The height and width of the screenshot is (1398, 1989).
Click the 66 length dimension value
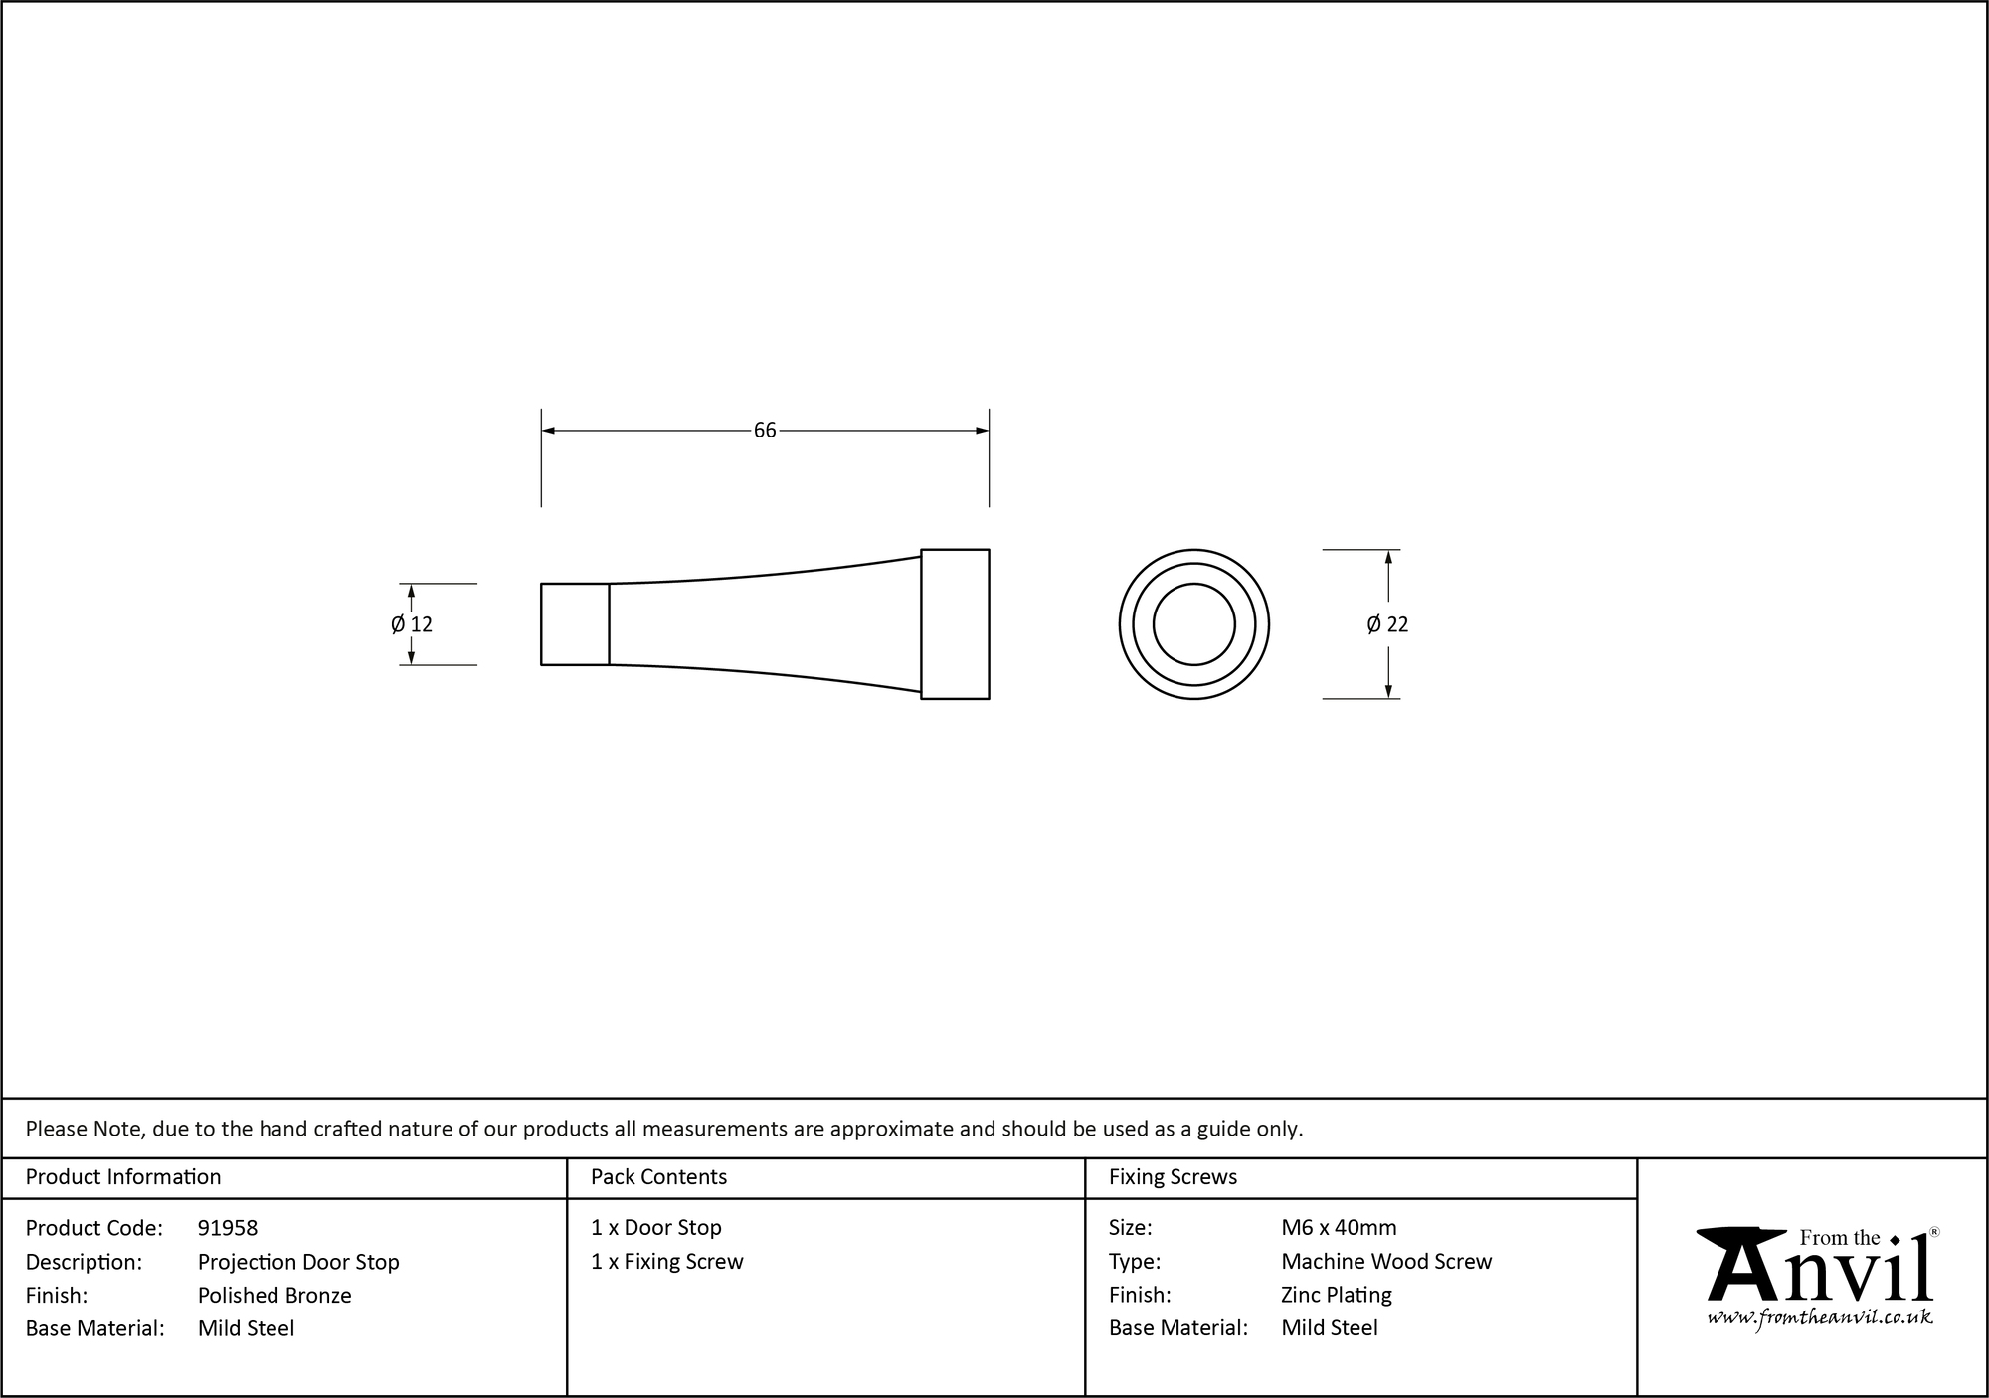tap(764, 431)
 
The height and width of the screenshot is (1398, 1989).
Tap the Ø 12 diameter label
tap(412, 624)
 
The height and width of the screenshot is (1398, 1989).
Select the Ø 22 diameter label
tap(1387, 624)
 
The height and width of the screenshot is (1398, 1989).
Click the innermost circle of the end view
tap(1193, 624)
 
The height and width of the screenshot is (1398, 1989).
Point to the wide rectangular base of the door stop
tap(955, 624)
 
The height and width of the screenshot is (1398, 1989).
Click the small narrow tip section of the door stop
tap(575, 624)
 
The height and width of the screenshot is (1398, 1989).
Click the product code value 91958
tap(228, 1228)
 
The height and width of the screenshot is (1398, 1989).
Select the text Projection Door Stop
tap(298, 1262)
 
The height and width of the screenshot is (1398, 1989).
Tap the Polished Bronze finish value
tap(274, 1295)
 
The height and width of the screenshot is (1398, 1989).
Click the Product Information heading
tap(123, 1177)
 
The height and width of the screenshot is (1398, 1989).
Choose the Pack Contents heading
tap(658, 1177)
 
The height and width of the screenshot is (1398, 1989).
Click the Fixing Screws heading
tap(1173, 1177)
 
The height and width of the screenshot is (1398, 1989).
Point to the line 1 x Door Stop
tap(656, 1228)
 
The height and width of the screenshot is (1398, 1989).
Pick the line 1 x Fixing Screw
tap(667, 1262)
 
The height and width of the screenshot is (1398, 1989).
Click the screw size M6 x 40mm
tap(1339, 1228)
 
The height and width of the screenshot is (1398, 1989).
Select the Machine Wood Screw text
tap(1386, 1262)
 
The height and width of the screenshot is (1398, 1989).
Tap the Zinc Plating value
tap(1337, 1295)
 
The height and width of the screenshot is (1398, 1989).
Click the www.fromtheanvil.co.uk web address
tap(1820, 1317)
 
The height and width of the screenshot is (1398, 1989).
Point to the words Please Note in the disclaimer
tap(86, 1129)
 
